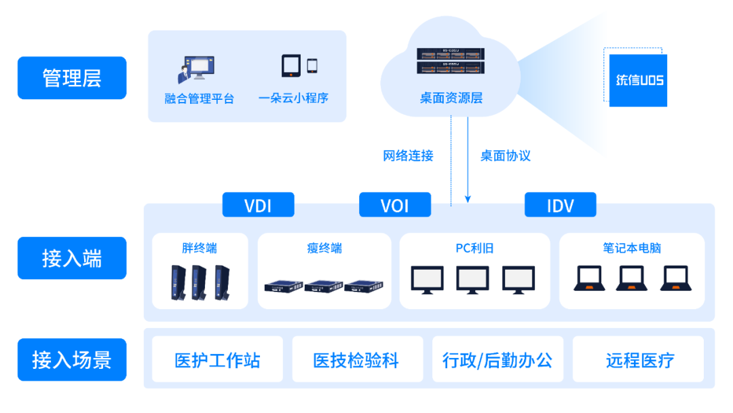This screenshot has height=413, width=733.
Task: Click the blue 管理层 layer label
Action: tap(72, 78)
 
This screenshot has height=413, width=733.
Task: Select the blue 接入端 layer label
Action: tap(72, 258)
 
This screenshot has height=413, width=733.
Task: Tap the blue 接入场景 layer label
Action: tap(72, 359)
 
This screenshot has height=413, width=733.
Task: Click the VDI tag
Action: tap(258, 205)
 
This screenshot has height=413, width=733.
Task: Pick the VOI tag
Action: tap(395, 205)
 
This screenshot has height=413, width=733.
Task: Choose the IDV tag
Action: tap(560, 205)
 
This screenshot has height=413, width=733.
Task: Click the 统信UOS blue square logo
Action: tap(638, 80)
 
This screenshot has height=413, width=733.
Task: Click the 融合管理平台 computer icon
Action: tap(196, 69)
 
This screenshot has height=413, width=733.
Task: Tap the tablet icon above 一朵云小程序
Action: tap(291, 66)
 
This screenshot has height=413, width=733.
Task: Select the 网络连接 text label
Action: tap(408, 156)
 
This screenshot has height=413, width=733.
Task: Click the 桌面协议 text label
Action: tap(505, 156)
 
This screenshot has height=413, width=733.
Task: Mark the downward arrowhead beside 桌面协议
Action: tap(468, 198)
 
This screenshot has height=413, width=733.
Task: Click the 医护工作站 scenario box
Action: tap(217, 359)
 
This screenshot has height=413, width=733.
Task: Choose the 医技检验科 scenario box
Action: tap(357, 359)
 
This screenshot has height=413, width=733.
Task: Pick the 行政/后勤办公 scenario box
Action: tap(497, 359)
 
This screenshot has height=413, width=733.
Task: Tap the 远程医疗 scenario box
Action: tap(640, 359)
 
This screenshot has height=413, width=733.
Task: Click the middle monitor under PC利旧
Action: tap(473, 279)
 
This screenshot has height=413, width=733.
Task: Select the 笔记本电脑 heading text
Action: tap(631, 248)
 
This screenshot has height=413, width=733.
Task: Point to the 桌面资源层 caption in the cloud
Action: tap(451, 98)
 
